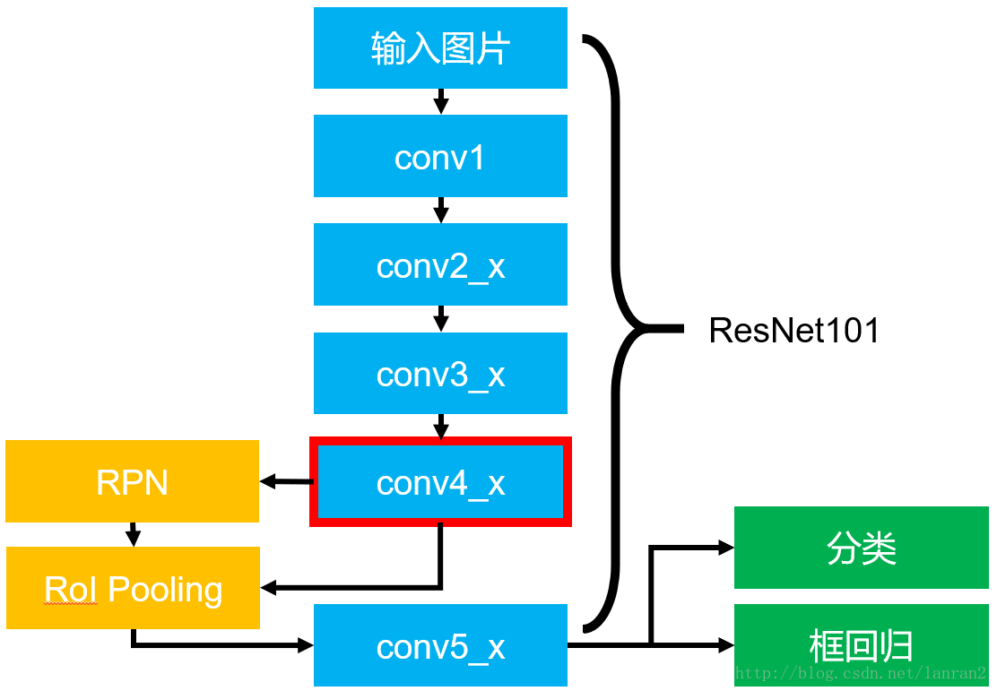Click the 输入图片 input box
pos(440,48)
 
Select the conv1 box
pos(440,156)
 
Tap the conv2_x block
pos(440,264)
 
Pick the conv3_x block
pos(440,373)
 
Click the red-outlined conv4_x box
pos(440,481)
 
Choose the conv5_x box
pos(440,645)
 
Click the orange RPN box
pos(132,481)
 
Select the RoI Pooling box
pos(133,588)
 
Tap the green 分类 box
pos(861,548)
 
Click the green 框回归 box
pos(861,645)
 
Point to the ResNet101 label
pos(793,331)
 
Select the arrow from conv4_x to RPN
pos(285,482)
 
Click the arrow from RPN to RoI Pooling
pos(133,534)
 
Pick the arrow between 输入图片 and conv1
pos(440,101)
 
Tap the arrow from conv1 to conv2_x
pos(440,210)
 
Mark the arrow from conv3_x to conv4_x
pos(440,426)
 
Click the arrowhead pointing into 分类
pos(726,548)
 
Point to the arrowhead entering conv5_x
pos(305,645)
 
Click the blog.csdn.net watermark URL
pos(861,673)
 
